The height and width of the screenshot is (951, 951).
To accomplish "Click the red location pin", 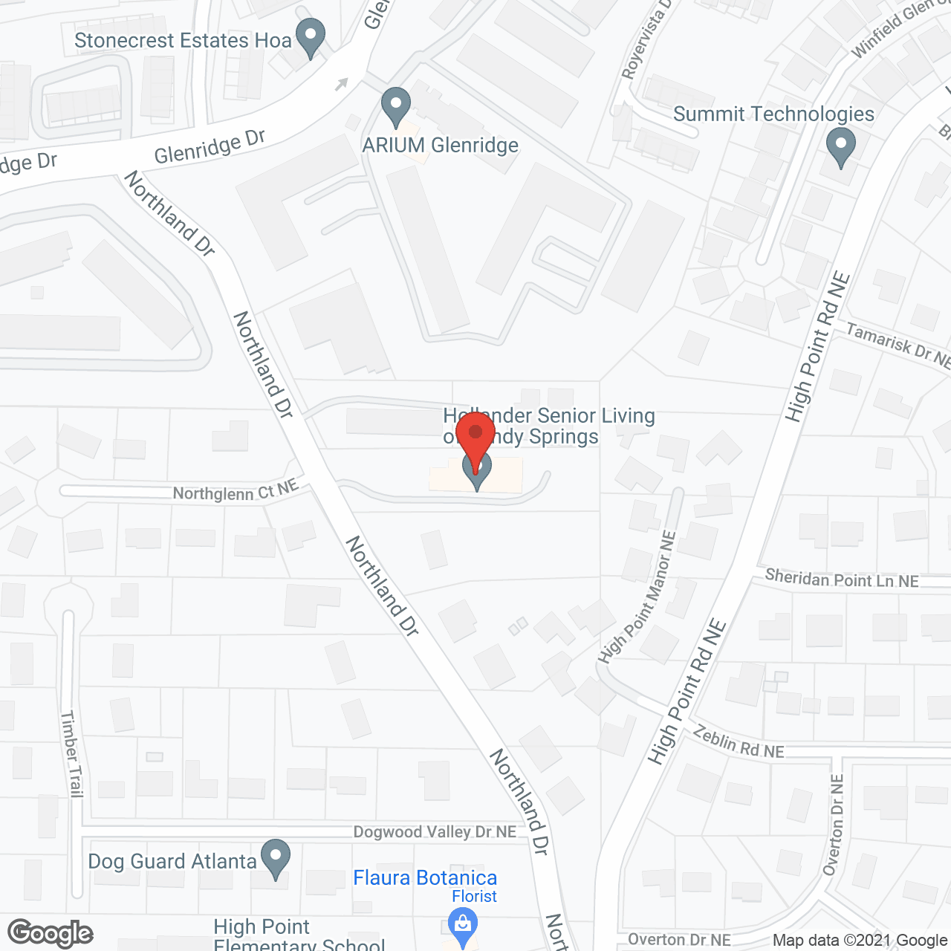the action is pyautogui.click(x=475, y=435).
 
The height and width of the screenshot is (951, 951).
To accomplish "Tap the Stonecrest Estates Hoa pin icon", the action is pyautogui.click(x=311, y=36).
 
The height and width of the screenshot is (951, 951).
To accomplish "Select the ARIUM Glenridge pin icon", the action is pyautogui.click(x=395, y=106).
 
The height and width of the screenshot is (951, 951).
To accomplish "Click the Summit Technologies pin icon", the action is pyautogui.click(x=840, y=146).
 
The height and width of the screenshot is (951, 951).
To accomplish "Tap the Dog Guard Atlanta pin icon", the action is pyautogui.click(x=276, y=857).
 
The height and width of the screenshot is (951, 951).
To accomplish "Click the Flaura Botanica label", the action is pyautogui.click(x=425, y=878).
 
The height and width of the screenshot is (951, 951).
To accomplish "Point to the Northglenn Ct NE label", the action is pyautogui.click(x=236, y=491).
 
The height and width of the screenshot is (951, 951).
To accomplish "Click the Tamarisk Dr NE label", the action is pyautogui.click(x=898, y=346).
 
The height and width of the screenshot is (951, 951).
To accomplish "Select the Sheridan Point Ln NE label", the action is pyautogui.click(x=842, y=579).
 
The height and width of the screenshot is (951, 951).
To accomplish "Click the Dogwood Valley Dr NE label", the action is pyautogui.click(x=435, y=832).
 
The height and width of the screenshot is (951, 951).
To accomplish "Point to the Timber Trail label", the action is pyautogui.click(x=71, y=753).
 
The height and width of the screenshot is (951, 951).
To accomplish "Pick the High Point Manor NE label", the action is pyautogui.click(x=637, y=597).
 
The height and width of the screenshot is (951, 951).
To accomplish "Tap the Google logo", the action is pyautogui.click(x=50, y=933).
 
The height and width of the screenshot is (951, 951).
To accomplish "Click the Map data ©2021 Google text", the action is pyautogui.click(x=860, y=941).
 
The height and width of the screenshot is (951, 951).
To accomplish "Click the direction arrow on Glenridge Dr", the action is pyautogui.click(x=341, y=84).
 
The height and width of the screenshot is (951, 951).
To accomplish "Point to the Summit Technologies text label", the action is pyautogui.click(x=773, y=114).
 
